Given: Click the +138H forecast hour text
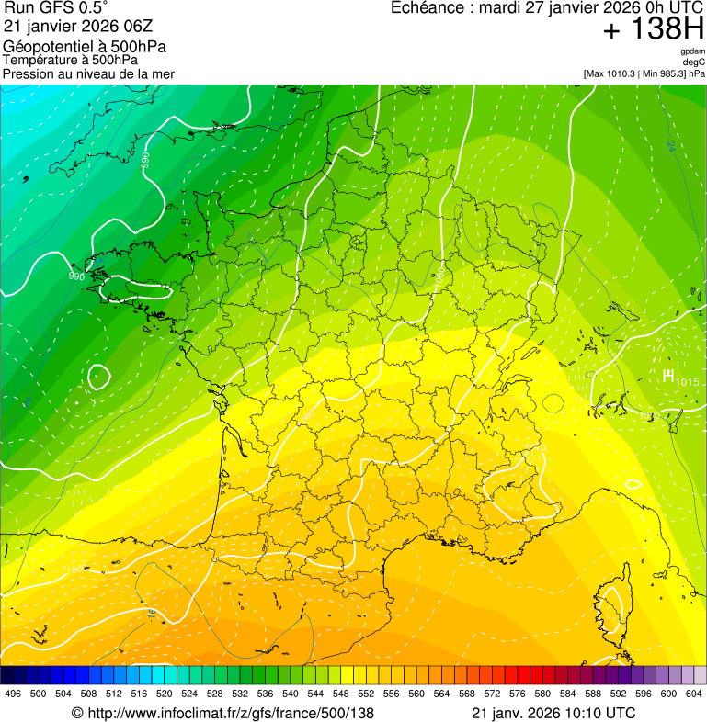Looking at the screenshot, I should tap(654, 29).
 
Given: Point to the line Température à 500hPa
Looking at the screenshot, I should tap(74, 61).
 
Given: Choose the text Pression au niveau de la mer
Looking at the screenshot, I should tap(88, 73).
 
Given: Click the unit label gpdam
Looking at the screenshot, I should tap(692, 51).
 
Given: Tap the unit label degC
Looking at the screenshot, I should tap(694, 62).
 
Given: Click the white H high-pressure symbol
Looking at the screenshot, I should tap(667, 375).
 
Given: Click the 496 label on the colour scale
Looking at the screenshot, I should tap(13, 694).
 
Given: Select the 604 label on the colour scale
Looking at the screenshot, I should tap(694, 694).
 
